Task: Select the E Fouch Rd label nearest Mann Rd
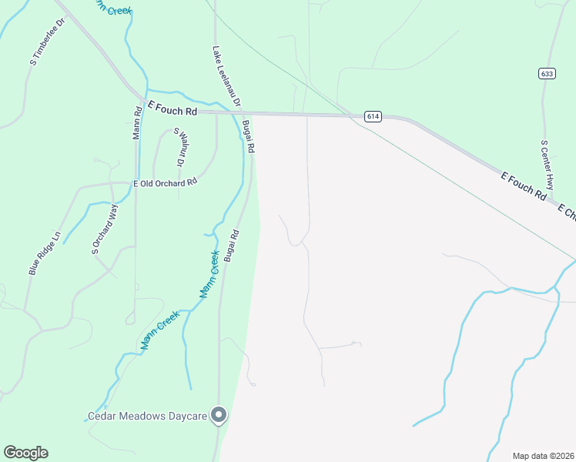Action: coord(172,110)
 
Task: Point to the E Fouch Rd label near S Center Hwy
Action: coord(523,187)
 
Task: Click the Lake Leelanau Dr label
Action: coord(227,75)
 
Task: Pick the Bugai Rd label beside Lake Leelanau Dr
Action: coord(248,136)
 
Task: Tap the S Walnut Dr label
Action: coord(179,148)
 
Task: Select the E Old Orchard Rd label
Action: coord(166,182)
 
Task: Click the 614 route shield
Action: coord(373,116)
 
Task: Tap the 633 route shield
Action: coord(547,73)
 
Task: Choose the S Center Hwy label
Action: coord(548,165)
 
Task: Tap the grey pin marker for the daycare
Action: coord(219,415)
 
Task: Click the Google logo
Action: coord(25,453)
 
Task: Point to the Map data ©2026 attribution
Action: coord(543,456)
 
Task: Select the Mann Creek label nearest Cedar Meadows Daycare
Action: coord(160,330)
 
